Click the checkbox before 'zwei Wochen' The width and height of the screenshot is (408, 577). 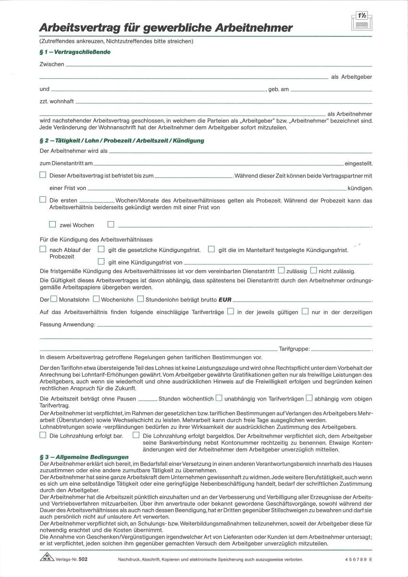[x=52, y=224]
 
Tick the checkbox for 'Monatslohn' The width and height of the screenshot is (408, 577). [x=54, y=299]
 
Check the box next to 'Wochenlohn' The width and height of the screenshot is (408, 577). [x=96, y=299]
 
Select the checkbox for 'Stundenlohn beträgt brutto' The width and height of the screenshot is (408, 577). [x=140, y=299]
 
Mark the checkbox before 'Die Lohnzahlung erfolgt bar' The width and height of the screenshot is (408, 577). [x=43, y=435]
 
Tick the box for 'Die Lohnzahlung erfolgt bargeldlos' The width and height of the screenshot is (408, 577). [x=136, y=435]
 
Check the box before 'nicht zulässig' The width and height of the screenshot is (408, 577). [x=314, y=271]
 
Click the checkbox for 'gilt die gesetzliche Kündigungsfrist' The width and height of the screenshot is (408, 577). [x=101, y=250]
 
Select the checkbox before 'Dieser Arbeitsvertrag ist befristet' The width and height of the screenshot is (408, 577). [x=43, y=176]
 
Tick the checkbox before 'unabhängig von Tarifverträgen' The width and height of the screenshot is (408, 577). [x=219, y=398]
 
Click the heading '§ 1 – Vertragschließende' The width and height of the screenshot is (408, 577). [x=75, y=52]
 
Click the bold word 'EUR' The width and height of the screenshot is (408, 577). [x=225, y=300]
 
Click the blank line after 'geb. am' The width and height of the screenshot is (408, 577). [x=331, y=90]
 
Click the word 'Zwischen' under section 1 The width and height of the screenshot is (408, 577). [x=52, y=64]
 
